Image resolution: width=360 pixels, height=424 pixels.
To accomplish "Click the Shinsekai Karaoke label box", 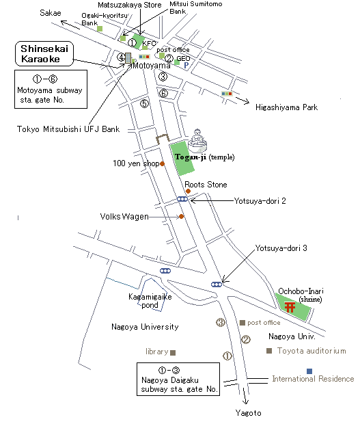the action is [x=44, y=53].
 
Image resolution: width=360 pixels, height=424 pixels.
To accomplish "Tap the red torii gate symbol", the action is [x=290, y=307].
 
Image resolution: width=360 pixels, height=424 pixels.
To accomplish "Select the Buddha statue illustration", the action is [x=197, y=141].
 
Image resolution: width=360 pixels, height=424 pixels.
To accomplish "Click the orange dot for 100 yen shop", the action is [x=163, y=163].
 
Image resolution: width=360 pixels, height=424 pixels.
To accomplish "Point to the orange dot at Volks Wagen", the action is [x=182, y=216].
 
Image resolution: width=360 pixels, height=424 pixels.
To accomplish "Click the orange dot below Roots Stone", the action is [x=189, y=191].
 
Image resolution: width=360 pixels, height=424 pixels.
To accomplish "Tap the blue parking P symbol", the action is [x=186, y=65].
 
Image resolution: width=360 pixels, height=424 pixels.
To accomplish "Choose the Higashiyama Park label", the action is [x=286, y=107].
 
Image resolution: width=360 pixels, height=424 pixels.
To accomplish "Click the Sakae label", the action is [x=51, y=13].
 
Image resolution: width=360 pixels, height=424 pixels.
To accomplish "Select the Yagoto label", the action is [x=248, y=413].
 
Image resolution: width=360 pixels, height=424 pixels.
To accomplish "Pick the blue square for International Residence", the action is [x=309, y=371].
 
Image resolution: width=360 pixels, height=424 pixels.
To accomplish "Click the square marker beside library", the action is [x=173, y=353].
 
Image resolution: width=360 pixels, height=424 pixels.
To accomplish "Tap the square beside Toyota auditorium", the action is [x=269, y=351].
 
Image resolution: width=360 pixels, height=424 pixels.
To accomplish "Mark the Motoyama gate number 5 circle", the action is [x=145, y=103].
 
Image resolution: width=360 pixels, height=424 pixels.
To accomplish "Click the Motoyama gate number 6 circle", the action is [x=163, y=93].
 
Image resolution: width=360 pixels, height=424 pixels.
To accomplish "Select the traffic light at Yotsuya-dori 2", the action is [x=182, y=199].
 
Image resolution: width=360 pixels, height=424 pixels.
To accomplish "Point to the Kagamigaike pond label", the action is [x=150, y=301].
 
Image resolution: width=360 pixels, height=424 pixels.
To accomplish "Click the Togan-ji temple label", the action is [x=205, y=157].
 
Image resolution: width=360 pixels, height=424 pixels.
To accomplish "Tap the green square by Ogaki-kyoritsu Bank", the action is [x=100, y=29].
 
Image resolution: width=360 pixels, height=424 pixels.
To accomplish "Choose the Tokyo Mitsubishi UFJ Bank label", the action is [x=68, y=129].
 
